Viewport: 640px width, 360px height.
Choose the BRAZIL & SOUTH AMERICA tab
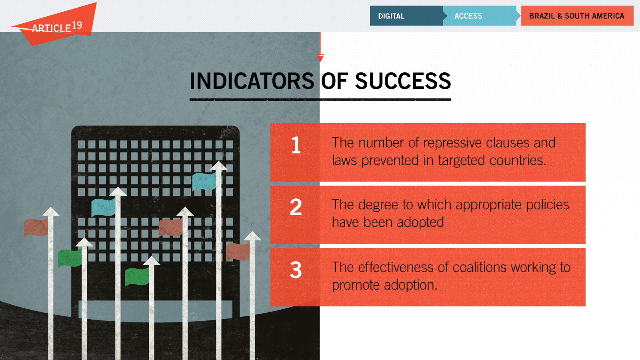[x=577, y=16]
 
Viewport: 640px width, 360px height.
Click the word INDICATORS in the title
[x=252, y=81]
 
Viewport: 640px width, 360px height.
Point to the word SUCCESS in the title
[x=403, y=81]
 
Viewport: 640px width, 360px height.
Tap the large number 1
[x=296, y=145]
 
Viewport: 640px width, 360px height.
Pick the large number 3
[x=296, y=270]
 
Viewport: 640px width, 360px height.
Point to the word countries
[x=518, y=160]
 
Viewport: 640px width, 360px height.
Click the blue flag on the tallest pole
[x=204, y=182]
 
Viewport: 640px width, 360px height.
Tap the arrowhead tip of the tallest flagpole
[x=219, y=162]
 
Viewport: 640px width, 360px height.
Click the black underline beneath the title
[x=320, y=100]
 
